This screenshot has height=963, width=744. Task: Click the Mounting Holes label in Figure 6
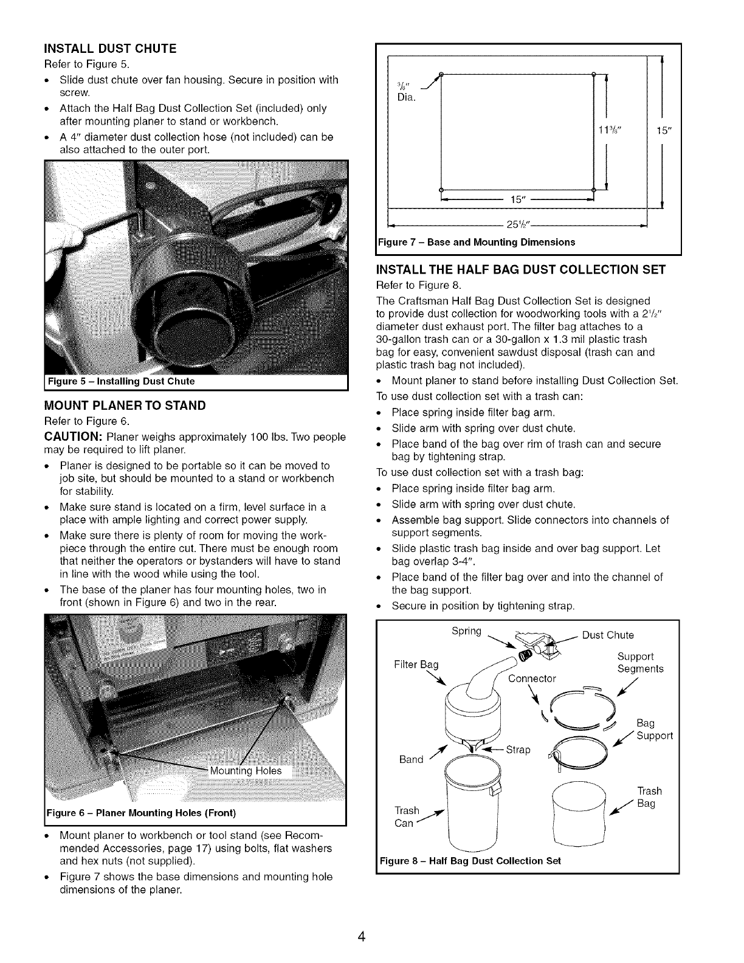pyautogui.click(x=246, y=771)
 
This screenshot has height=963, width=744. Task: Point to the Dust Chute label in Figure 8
pyautogui.click(x=608, y=635)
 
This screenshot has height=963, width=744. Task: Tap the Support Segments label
pyautogui.click(x=640, y=663)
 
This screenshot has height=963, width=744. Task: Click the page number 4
pyautogui.click(x=361, y=937)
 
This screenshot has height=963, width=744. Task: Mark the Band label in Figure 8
pyautogui.click(x=412, y=759)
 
